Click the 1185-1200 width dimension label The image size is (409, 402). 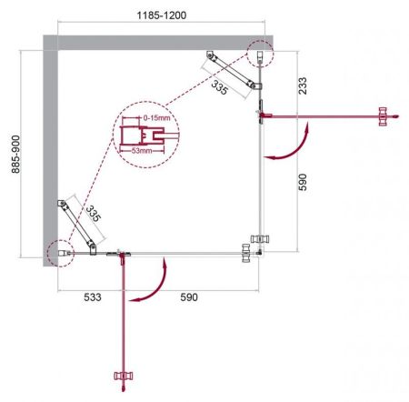[x=149, y=15]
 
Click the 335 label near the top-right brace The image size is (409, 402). [x=218, y=87]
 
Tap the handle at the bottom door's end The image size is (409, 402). [x=123, y=375]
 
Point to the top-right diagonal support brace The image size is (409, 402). [x=234, y=75]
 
